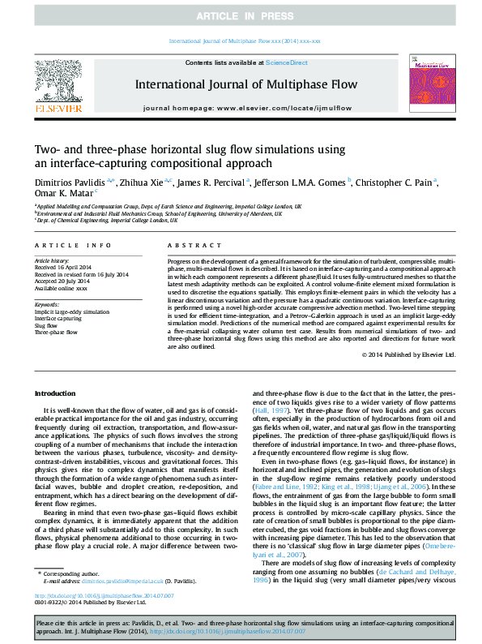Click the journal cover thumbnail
point(428,83)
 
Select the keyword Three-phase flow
point(56,332)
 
